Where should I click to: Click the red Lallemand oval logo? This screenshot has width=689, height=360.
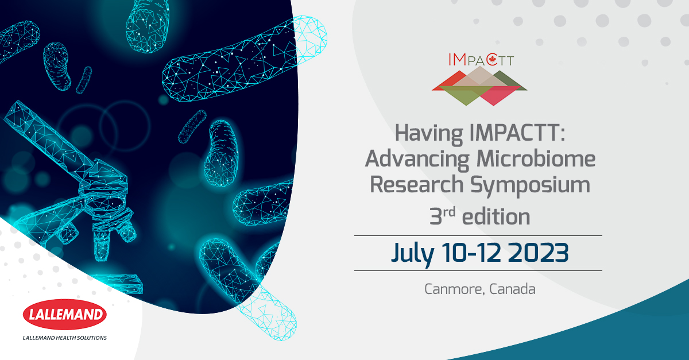64,314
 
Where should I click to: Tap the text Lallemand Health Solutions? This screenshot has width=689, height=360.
64,338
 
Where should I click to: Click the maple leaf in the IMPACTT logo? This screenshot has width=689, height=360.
492,60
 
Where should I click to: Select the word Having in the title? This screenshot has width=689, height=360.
429,133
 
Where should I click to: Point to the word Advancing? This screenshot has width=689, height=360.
417,160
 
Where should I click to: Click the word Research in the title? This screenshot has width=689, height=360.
416,185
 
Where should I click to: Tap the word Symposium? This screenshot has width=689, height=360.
530,185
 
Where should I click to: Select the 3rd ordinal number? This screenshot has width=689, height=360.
442,216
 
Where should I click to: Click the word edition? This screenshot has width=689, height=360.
496,216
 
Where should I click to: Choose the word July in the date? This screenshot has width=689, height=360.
412,254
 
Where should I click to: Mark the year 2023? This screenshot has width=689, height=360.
538,253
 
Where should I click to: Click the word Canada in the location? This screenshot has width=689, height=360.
512,289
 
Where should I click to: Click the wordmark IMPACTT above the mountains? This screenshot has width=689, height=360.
481,60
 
